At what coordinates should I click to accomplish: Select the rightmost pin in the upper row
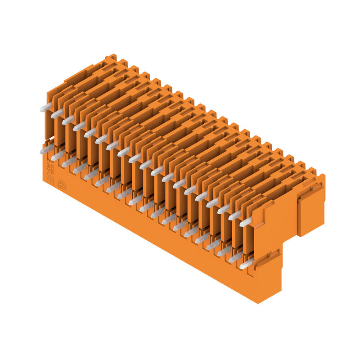click(246, 221)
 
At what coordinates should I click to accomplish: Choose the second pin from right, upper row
click(234, 215)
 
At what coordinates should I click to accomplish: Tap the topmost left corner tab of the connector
click(110, 58)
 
